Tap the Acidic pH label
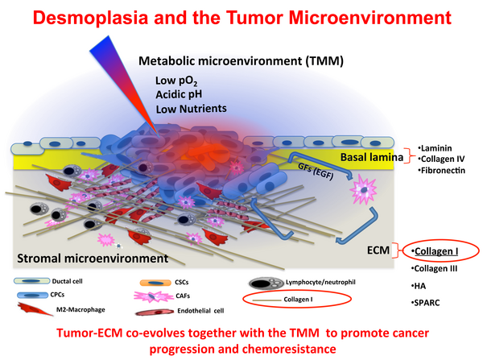176,93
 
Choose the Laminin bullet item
440,147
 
